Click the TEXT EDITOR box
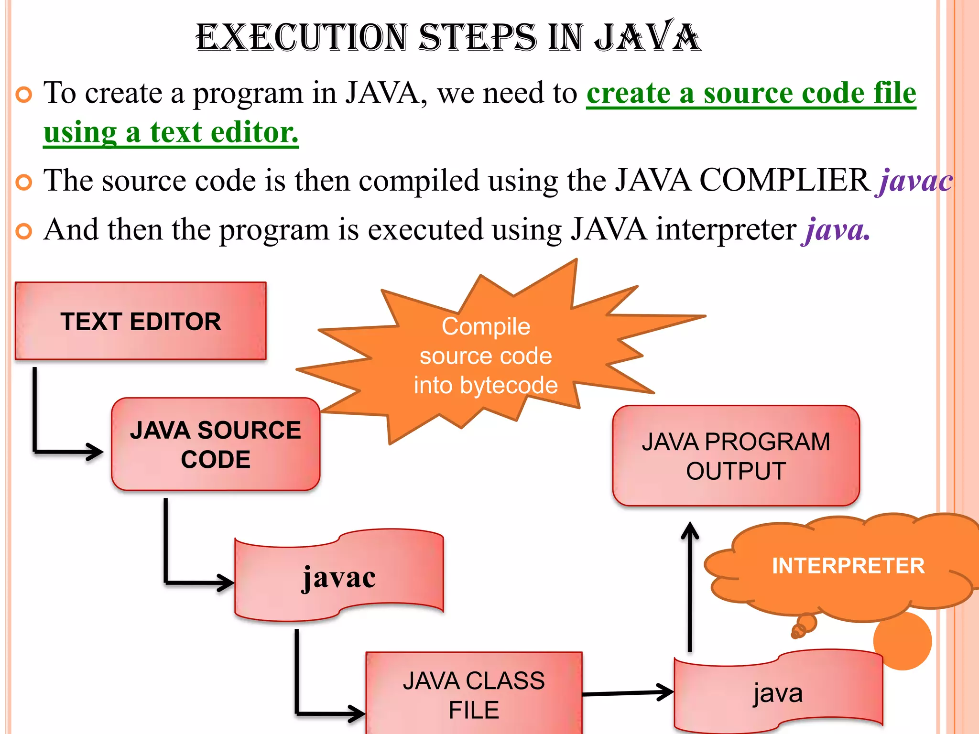(141, 321)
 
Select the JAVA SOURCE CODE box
(216, 444)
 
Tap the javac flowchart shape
(339, 576)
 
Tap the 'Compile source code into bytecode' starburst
(485, 356)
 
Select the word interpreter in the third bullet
(726, 230)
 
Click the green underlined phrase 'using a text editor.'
(171, 132)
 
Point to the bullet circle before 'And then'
(24, 232)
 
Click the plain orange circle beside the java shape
(903, 641)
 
